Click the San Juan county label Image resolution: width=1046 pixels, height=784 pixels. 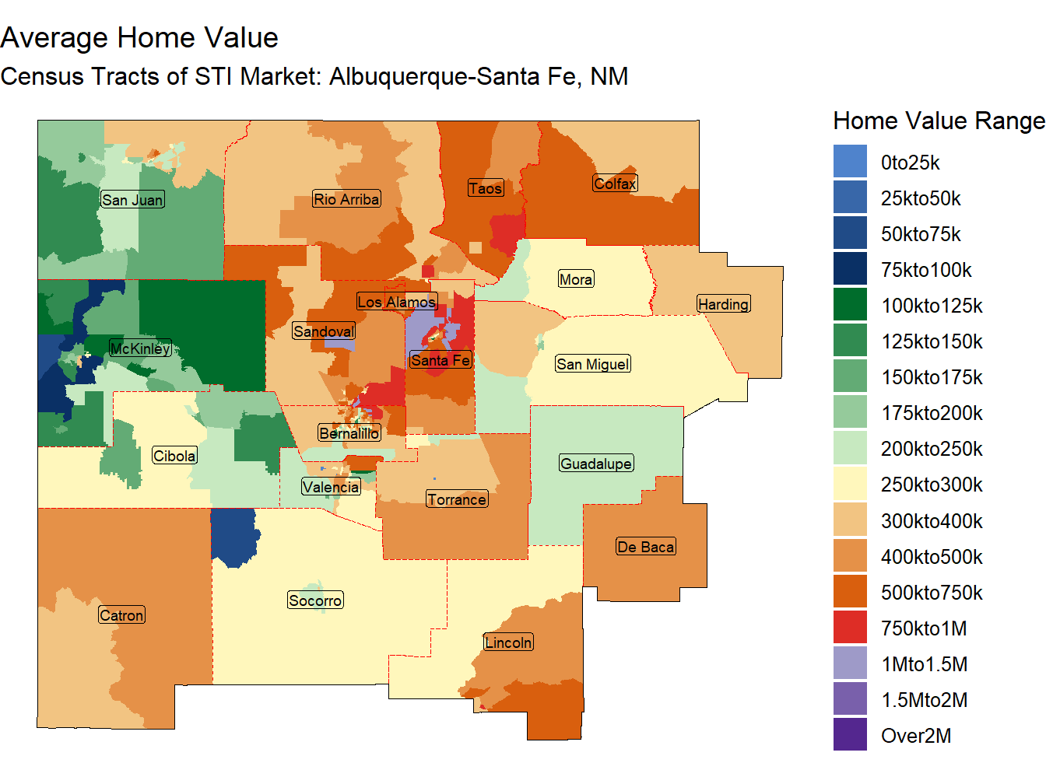[x=132, y=200]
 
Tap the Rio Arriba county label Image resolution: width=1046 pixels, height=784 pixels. [x=346, y=199]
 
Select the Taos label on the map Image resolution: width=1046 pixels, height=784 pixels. [x=486, y=188]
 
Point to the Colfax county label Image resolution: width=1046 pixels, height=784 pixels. [x=615, y=184]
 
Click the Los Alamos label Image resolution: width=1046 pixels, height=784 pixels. [x=397, y=302]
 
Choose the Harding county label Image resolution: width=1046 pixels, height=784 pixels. [x=723, y=304]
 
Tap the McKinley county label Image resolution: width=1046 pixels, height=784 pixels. [x=140, y=348]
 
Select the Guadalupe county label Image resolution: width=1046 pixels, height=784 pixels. [x=596, y=464]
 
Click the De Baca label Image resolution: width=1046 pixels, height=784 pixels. [x=645, y=547]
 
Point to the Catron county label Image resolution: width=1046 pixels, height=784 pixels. [x=122, y=615]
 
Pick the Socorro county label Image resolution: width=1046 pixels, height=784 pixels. [x=315, y=600]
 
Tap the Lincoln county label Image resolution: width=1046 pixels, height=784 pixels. [x=508, y=642]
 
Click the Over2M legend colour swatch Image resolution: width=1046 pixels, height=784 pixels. [x=850, y=735]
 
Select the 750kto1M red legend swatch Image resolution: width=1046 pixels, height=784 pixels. [x=850, y=628]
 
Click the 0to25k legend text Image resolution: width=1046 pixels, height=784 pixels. [x=910, y=163]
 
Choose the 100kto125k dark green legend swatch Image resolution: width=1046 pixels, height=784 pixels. [x=850, y=305]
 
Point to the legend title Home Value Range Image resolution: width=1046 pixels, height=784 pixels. [x=938, y=121]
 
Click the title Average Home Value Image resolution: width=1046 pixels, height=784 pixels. [x=139, y=37]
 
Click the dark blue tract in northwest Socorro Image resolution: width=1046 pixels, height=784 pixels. [x=233, y=536]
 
